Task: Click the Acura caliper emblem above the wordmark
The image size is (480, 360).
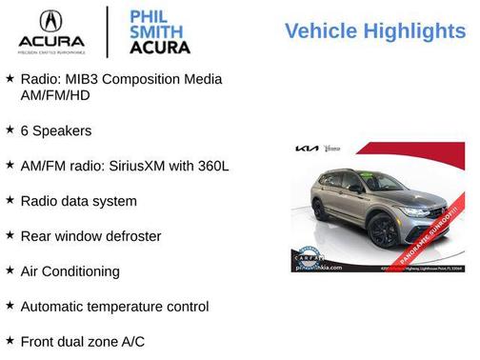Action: (51, 22)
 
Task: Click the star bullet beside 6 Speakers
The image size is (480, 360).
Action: (10, 130)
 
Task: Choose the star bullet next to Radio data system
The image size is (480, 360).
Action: (10, 200)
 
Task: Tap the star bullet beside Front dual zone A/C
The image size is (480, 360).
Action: (10, 341)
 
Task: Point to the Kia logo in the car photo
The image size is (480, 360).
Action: (307, 150)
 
